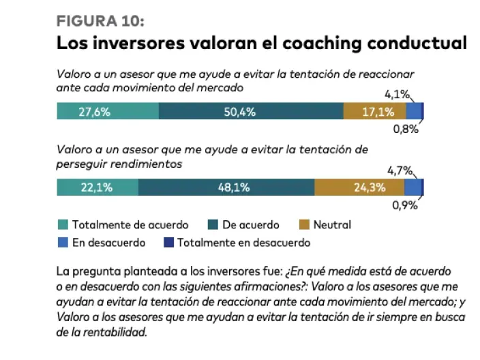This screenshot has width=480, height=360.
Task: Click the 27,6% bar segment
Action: coord(108,112)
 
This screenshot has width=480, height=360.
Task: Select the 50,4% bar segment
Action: coord(251,112)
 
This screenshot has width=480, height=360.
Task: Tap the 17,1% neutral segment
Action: coord(375,112)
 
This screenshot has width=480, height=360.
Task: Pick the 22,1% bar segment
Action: coord(97,187)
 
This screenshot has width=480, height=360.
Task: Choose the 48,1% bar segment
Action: coord(226,187)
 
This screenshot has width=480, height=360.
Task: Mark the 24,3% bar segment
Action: coord(359,187)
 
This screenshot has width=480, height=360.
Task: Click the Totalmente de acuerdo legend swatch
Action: coord(62,224)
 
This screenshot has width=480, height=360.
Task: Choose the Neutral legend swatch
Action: coord(304,224)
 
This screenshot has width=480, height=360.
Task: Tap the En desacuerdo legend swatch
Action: coord(62,242)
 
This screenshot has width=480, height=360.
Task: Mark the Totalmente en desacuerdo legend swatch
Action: coord(166,242)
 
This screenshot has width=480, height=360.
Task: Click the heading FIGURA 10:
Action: coord(100,20)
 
